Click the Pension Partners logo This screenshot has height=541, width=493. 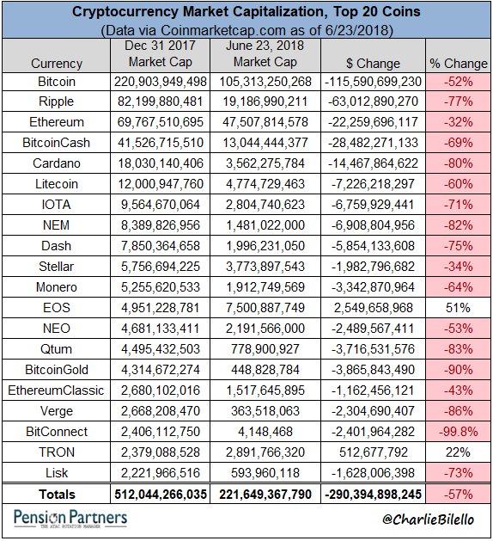70,519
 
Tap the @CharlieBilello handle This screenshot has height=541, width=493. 429,519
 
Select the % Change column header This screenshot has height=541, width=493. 459,64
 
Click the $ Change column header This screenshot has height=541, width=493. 373,64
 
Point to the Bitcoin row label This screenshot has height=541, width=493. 57,82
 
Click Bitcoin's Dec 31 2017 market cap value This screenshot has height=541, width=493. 161,82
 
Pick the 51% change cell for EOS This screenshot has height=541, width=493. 458,307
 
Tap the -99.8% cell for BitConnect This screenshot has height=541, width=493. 458,431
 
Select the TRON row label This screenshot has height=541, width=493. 57,452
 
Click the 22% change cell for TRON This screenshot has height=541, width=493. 458,452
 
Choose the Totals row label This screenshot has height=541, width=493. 57,495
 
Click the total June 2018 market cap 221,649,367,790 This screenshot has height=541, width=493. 265,495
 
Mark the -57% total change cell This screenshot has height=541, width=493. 458,495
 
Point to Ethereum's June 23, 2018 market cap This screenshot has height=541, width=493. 265,122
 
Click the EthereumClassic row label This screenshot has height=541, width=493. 56,390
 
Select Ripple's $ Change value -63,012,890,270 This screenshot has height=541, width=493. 373,101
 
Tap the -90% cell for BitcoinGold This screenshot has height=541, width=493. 458,370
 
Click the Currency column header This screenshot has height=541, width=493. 57,64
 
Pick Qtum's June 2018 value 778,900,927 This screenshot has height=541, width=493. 265,349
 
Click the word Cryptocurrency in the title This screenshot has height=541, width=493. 125,12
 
